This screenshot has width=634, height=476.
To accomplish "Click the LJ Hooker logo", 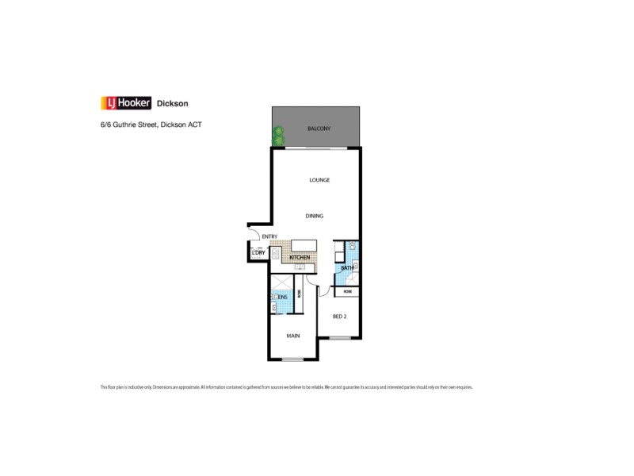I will pyautogui.click(x=125, y=102).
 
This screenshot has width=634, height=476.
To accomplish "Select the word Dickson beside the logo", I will pyautogui.click(x=173, y=103).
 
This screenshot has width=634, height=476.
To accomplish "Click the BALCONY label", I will pyautogui.click(x=319, y=129).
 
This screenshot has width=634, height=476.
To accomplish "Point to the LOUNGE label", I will pyautogui.click(x=319, y=180).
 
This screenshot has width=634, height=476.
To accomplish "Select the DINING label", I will pyautogui.click(x=315, y=216).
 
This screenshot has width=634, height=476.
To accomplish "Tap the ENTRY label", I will pyautogui.click(x=269, y=236).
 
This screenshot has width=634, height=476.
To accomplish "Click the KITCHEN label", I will pyautogui.click(x=299, y=258).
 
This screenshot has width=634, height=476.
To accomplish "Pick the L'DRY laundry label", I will pyautogui.click(x=258, y=253).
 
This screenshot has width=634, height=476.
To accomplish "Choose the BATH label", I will pyautogui.click(x=346, y=268).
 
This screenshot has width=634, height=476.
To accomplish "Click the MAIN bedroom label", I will pyautogui.click(x=293, y=336).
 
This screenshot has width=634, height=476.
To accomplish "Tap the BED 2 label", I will pyautogui.click(x=340, y=316).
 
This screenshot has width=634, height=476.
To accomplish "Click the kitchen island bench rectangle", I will pyautogui.click(x=304, y=246).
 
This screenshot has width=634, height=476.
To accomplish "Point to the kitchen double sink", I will pyautogui.click(x=275, y=255).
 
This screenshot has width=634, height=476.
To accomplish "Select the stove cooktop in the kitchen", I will pyautogui.click(x=300, y=267).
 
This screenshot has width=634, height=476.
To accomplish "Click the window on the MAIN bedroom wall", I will pyautogui.click(x=293, y=360).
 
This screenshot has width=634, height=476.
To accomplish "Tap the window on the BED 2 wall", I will pyautogui.click(x=340, y=339).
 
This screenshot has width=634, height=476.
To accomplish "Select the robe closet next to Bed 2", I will pyautogui.click(x=347, y=292).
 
